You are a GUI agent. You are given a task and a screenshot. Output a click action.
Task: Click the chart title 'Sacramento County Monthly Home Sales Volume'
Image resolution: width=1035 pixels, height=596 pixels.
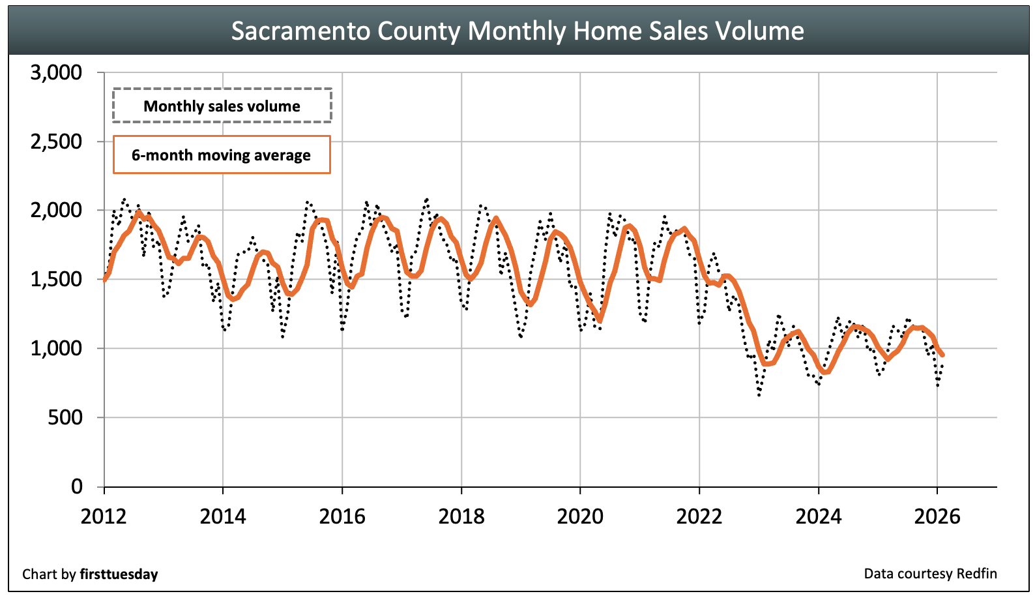(517, 31)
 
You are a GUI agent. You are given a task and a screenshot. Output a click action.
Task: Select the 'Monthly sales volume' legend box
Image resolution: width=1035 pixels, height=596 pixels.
(222, 106)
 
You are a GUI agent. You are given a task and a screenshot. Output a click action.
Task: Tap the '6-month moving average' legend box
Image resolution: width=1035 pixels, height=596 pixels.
(222, 155)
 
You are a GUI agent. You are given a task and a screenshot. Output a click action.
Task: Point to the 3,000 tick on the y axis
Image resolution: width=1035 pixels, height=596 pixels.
(57, 72)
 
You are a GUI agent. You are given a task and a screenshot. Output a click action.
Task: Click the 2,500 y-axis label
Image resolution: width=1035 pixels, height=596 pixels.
(57, 142)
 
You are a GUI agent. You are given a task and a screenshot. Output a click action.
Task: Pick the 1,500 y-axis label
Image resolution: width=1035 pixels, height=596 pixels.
(57, 279)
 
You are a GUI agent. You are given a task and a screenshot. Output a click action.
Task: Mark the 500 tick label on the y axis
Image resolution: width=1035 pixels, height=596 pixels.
(65, 417)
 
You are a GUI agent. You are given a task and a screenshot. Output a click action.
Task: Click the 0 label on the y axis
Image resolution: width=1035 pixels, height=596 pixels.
(77, 486)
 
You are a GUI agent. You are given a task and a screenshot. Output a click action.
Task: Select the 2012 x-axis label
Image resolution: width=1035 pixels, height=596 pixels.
(104, 516)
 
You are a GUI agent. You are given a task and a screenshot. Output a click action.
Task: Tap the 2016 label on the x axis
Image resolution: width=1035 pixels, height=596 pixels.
(342, 516)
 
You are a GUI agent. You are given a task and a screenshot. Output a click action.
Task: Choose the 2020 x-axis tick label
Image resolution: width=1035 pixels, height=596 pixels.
(580, 516)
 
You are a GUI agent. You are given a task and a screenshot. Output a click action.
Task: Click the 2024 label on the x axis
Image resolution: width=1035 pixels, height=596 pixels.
(818, 516)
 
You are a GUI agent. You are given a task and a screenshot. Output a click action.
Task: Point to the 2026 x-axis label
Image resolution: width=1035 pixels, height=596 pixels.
(937, 516)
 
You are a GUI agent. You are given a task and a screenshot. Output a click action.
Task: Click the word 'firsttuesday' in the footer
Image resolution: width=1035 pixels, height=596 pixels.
(119, 574)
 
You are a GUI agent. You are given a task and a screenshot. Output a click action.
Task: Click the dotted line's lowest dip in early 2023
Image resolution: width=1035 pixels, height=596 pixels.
(759, 395)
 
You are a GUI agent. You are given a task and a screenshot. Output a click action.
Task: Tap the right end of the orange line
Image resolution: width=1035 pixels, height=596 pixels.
(942, 355)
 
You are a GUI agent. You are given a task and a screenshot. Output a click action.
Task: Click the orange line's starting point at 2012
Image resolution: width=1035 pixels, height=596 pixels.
(105, 279)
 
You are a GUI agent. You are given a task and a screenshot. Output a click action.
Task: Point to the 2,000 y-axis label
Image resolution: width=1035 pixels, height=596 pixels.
(57, 210)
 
